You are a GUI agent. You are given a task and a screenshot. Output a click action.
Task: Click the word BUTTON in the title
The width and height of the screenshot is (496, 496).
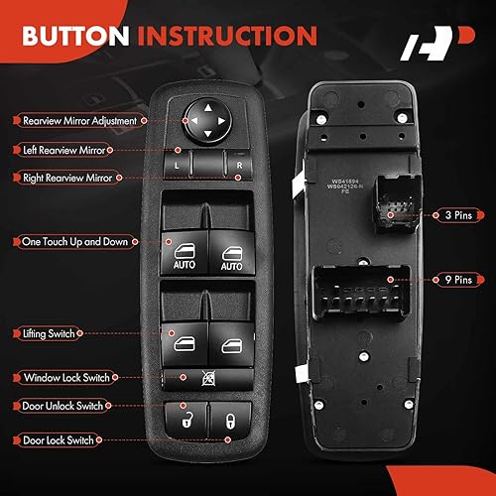[76, 37]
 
